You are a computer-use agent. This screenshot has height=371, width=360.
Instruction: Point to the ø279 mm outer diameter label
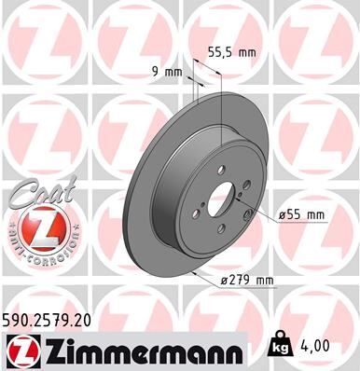pyautogui.click(x=246, y=280)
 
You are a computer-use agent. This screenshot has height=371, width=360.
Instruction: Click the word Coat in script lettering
pyautogui.click(x=33, y=194)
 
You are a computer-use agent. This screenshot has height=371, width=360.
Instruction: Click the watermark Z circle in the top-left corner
pyautogui.click(x=37, y=37)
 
